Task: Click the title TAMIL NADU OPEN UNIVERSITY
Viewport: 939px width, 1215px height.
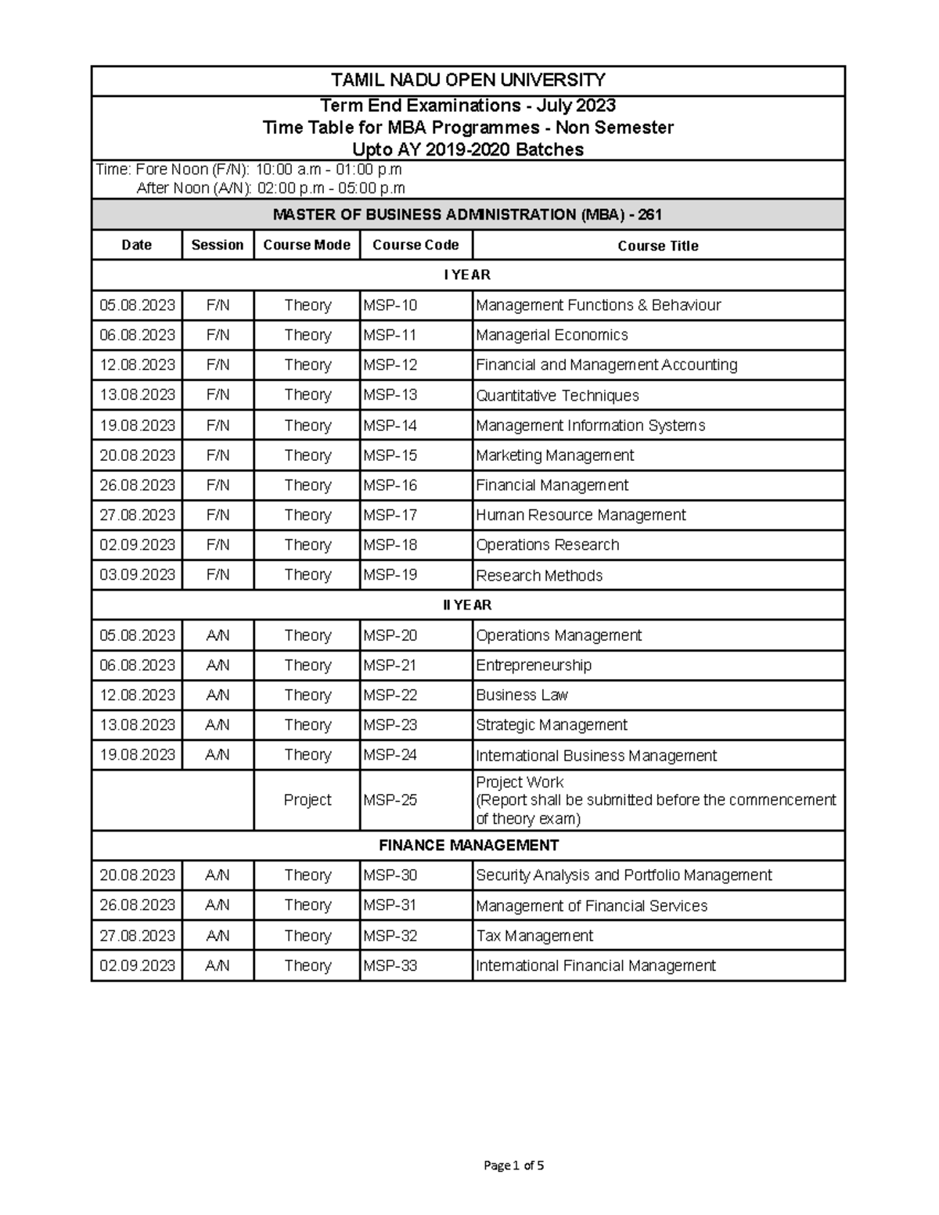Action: (x=468, y=80)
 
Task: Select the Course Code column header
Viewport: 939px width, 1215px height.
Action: (x=416, y=245)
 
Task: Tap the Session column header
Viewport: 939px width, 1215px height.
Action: (x=218, y=245)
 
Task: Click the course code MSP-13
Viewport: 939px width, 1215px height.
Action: (x=390, y=395)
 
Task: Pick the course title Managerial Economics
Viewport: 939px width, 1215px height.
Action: (x=552, y=335)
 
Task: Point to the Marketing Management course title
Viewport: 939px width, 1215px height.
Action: (x=555, y=455)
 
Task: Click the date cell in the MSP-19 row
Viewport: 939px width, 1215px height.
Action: (x=137, y=575)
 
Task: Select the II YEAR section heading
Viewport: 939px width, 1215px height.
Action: (x=468, y=605)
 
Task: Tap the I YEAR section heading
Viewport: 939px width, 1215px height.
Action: (x=468, y=275)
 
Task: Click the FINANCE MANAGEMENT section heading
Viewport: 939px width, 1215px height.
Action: (x=468, y=845)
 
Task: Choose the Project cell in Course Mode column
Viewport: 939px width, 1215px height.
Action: (x=308, y=800)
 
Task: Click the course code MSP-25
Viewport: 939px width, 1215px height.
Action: (x=390, y=800)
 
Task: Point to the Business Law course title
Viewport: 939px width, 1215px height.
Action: (x=522, y=695)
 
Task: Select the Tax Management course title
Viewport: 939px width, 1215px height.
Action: (x=534, y=936)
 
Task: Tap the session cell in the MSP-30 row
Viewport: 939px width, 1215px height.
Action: (x=218, y=875)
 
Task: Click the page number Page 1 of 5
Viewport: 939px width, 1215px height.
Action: (x=514, y=1165)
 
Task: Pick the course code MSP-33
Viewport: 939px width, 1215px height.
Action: (x=390, y=965)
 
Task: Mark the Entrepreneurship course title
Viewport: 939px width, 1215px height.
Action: (x=534, y=665)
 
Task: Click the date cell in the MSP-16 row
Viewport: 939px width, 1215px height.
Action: (x=137, y=485)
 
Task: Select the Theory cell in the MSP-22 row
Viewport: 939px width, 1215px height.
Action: (x=308, y=695)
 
